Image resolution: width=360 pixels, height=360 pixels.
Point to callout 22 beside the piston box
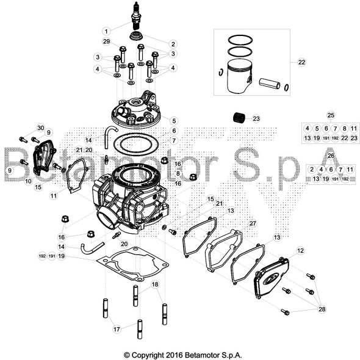tap(301, 62)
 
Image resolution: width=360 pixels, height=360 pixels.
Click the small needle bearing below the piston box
tap(239, 117)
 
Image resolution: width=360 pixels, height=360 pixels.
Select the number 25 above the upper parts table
tap(331, 115)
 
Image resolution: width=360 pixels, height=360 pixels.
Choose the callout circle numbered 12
tap(300, 250)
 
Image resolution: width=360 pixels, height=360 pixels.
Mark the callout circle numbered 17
tap(117, 329)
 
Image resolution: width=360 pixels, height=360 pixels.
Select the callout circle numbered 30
tap(40, 128)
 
